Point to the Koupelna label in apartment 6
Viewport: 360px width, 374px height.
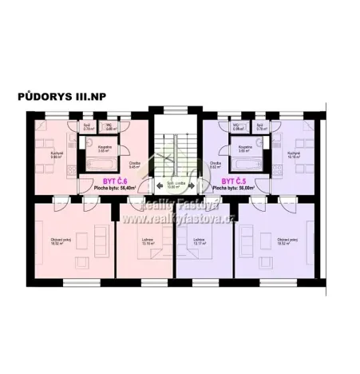click(104, 147)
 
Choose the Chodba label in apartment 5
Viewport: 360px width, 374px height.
click(215, 164)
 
